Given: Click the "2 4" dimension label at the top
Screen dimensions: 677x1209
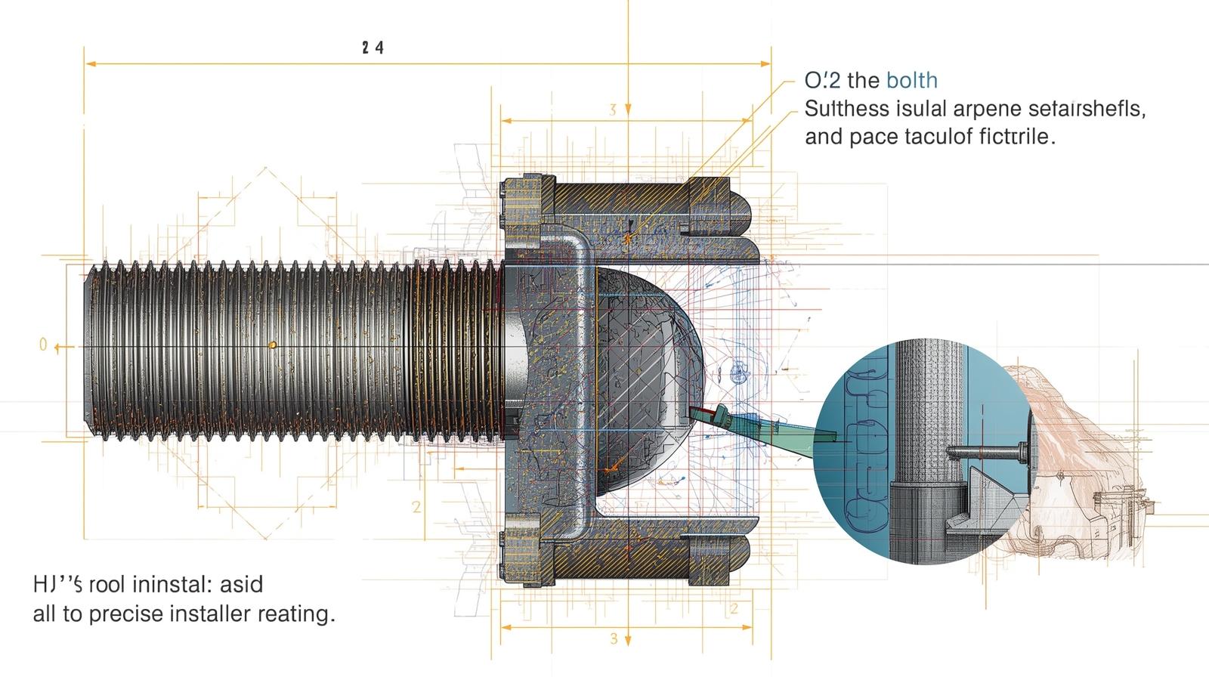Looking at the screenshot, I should tap(373, 48).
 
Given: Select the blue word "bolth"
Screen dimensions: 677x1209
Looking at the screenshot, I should tap(912, 80).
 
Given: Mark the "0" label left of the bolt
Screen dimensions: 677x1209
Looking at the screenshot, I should tap(43, 345).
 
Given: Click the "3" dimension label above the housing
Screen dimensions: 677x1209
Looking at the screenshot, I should tap(613, 110).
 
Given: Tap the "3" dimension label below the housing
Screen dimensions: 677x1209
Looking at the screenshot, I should tap(614, 638).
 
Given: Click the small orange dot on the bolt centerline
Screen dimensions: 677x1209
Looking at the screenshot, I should tap(273, 345).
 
